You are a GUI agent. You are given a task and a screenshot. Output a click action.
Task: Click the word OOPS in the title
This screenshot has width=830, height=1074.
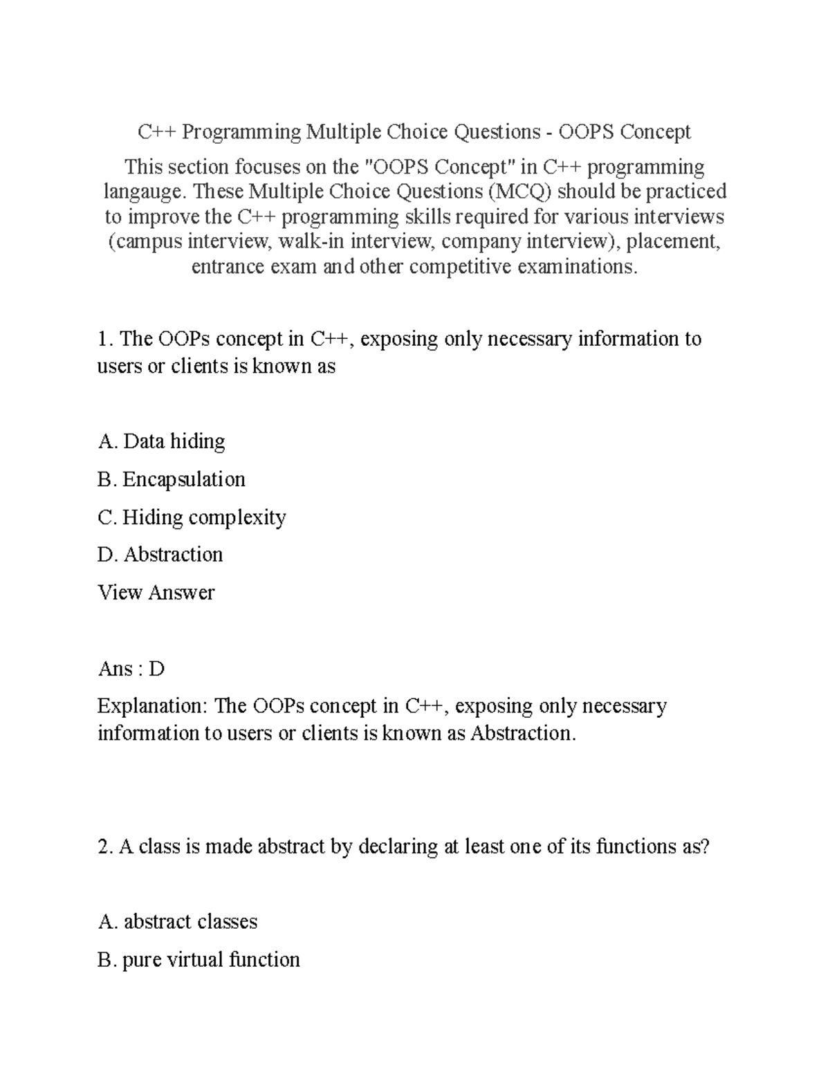coord(587,131)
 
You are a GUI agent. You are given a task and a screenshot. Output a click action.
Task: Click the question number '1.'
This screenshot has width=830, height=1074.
coord(105,339)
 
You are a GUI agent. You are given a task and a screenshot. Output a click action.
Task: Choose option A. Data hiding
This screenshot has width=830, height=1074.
coord(162,441)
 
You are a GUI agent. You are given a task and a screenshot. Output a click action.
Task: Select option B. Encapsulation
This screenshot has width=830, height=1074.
coord(172,479)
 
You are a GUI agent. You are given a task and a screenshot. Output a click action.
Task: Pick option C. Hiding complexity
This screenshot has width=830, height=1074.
coord(192,517)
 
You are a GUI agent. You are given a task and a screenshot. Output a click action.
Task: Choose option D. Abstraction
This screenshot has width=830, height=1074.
coord(160,555)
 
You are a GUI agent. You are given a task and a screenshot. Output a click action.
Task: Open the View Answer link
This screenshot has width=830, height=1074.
coord(156,593)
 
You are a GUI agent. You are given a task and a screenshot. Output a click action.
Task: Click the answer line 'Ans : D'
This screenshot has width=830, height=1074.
coord(131,669)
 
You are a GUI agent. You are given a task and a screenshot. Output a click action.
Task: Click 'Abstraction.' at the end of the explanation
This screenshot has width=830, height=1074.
coord(523,733)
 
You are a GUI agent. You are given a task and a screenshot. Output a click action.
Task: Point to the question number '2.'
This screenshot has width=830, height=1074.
coord(105,846)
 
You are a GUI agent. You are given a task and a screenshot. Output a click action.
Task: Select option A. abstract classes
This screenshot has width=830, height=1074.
coord(178,922)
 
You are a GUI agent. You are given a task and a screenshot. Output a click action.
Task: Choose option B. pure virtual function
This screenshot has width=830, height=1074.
coord(199,960)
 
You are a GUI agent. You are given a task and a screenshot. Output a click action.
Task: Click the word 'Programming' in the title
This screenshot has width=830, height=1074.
coord(241,131)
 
